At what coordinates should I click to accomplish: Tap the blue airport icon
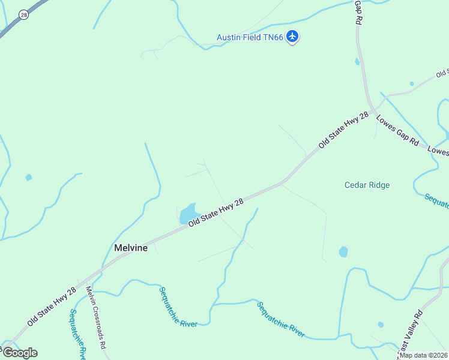click(x=292, y=37)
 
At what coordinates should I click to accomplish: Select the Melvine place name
click(x=131, y=248)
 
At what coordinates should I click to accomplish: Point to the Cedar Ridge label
click(x=367, y=185)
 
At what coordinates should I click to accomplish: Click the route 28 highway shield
click(x=23, y=14)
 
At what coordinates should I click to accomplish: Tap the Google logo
click(x=20, y=352)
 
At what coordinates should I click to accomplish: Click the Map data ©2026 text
click(x=424, y=355)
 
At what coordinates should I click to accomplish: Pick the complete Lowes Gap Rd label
click(x=397, y=131)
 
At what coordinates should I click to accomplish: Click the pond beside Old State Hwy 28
click(x=189, y=214)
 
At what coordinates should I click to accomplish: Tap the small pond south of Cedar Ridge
click(x=343, y=251)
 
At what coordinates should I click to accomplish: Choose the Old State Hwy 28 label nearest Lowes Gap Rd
click(x=343, y=130)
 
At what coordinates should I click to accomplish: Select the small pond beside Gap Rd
click(x=358, y=61)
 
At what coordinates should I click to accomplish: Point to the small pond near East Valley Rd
click(x=381, y=325)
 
